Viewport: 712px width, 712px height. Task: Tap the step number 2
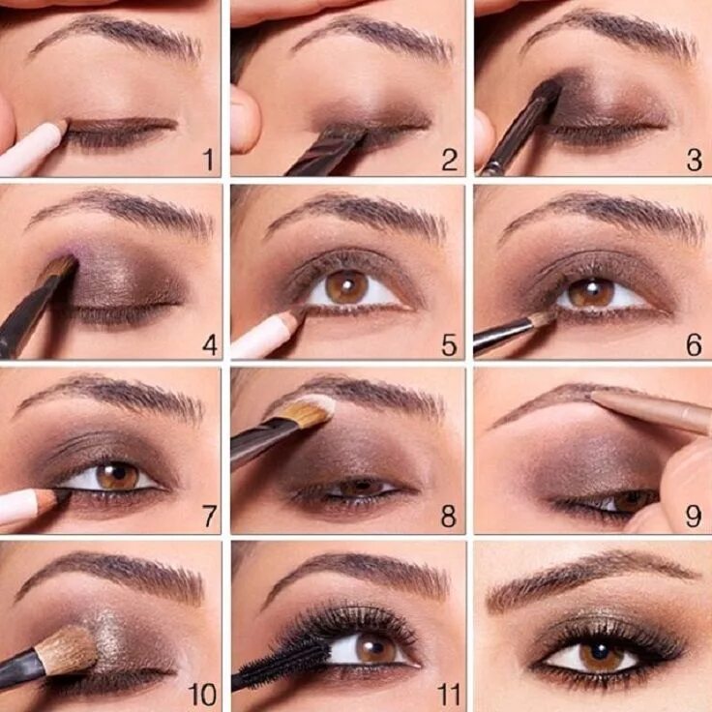(x=449, y=160)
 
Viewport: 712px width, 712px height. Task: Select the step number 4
(x=209, y=342)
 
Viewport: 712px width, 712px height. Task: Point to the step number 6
(x=693, y=344)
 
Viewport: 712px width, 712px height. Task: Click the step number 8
(x=448, y=518)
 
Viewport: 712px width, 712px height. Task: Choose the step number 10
(x=202, y=694)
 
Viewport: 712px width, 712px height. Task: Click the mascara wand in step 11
(x=290, y=658)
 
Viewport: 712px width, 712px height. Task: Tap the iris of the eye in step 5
(x=345, y=286)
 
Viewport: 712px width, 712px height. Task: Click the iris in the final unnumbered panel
(x=602, y=655)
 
